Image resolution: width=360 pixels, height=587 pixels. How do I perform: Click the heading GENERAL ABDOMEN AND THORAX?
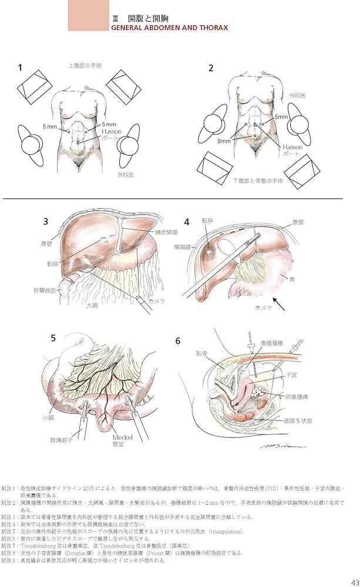169,27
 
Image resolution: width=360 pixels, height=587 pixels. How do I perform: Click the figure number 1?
21,68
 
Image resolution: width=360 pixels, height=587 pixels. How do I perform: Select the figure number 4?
187,222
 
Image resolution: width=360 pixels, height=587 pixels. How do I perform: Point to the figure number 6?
179,340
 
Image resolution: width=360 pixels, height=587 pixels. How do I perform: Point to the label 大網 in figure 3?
92,306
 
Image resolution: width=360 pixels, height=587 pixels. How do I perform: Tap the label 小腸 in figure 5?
48,418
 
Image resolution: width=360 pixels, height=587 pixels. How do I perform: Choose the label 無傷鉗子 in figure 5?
63,439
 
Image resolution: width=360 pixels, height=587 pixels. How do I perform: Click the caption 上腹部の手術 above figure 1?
85,66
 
